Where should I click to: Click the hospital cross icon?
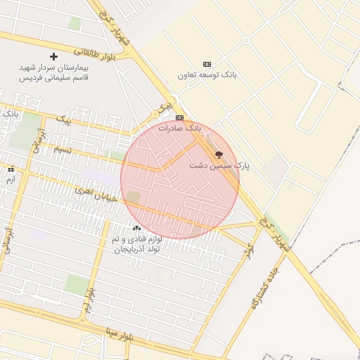pyautogui.click(x=53, y=56)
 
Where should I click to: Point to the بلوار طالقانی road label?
pyautogui.click(x=92, y=52)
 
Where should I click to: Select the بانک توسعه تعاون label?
pyautogui.click(x=206, y=75)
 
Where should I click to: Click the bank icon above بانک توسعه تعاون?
pyautogui.click(x=206, y=64)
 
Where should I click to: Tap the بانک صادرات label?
pyautogui.click(x=179, y=129)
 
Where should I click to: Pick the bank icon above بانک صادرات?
pyautogui.click(x=179, y=117)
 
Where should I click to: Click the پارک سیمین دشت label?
pyautogui.click(x=219, y=166)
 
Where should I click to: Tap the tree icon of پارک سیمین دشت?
pyautogui.click(x=219, y=154)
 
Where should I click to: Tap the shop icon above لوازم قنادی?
pyautogui.click(x=136, y=228)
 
